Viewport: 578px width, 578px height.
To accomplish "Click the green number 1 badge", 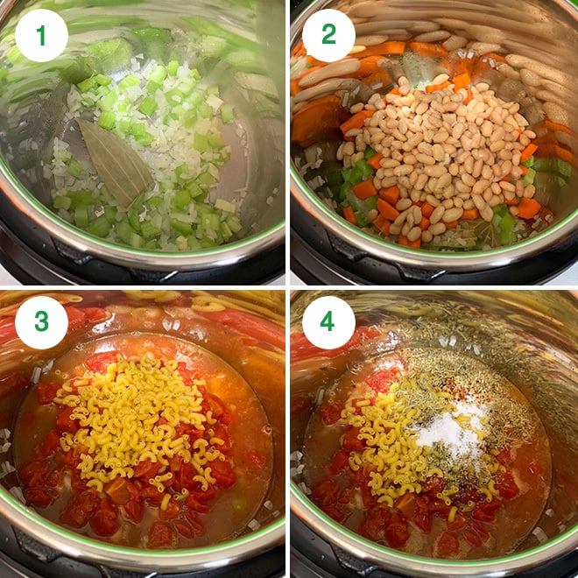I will point(41,36).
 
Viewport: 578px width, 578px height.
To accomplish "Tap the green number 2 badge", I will point(328,36).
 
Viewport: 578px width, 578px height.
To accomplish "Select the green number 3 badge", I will point(41,322).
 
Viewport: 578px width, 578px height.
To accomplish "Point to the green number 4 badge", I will point(328,322).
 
